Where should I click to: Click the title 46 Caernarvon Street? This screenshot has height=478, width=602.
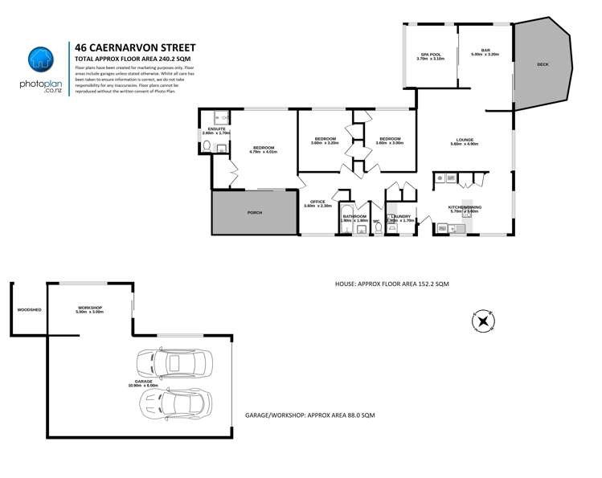click(134, 47)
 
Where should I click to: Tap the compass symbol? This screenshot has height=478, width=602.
click(482, 321)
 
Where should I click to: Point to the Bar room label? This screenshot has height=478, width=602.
click(485, 51)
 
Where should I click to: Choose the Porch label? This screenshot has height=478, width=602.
click(252, 214)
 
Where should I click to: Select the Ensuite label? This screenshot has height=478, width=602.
click(215, 129)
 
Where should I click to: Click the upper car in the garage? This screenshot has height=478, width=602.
click(175, 366)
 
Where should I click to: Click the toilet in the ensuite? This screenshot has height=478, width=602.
click(206, 146)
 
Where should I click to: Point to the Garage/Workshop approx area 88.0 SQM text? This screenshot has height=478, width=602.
click(310, 415)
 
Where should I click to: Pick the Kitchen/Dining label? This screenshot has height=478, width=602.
click(465, 207)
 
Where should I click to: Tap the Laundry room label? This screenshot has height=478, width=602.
click(399, 217)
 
